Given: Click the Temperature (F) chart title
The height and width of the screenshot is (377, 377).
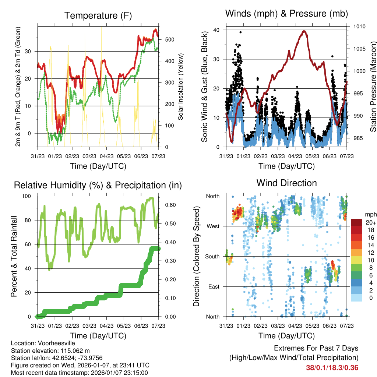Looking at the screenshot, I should coord(98,15).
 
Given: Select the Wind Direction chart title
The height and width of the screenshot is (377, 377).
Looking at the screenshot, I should coord(286,183).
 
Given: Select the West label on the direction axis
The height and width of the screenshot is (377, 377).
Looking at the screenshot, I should coord(212,226).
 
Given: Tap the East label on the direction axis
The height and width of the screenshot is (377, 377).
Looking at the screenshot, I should coord(213,286).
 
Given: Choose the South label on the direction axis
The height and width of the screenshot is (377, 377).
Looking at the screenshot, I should coord(212,256).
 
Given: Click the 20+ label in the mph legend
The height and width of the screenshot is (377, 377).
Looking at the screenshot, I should coord(370,222).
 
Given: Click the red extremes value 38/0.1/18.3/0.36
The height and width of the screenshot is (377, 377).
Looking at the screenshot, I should coord(332,367).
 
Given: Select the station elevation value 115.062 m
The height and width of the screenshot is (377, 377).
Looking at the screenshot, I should coord(73,351).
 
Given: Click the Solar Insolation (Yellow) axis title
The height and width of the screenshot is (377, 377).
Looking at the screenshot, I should coord(181,87).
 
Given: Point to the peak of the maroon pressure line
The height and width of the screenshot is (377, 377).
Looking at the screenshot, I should coord(304,31).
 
